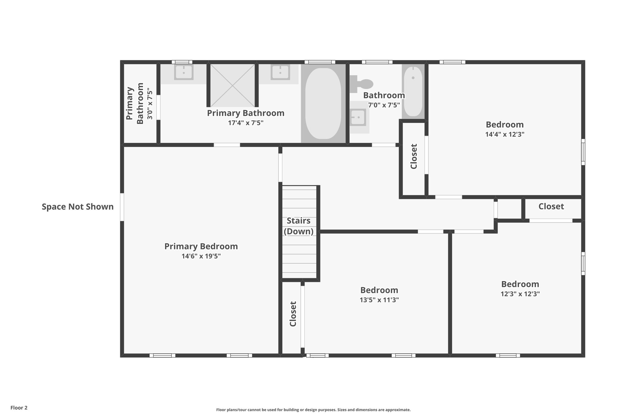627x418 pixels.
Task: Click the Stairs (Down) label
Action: click(x=298, y=226)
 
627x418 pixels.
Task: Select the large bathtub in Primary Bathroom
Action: click(x=323, y=103)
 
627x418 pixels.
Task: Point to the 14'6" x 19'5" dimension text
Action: click(x=201, y=256)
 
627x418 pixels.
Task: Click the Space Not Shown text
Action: click(x=77, y=207)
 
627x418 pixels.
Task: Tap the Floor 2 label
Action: click(x=19, y=408)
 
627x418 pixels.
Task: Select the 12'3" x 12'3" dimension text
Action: click(x=520, y=294)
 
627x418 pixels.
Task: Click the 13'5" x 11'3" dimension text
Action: click(x=379, y=300)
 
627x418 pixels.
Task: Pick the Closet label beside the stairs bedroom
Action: click(x=293, y=314)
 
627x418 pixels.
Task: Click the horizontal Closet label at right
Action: click(x=551, y=206)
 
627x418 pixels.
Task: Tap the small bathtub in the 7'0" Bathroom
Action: click(x=413, y=92)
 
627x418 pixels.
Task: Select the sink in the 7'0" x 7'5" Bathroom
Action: click(x=358, y=117)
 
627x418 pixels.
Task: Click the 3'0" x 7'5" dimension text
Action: click(x=150, y=104)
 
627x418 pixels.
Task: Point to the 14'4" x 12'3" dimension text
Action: click(x=505, y=134)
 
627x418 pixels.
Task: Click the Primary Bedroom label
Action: click(x=201, y=246)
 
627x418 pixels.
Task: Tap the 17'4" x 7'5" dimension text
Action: click(x=246, y=123)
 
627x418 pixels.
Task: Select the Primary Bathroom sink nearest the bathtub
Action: click(x=280, y=73)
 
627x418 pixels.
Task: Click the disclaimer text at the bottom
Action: click(x=313, y=410)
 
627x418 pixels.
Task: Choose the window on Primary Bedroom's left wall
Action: click(x=122, y=207)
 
